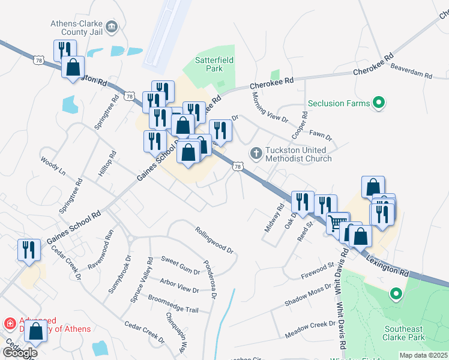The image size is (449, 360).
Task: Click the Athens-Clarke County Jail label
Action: click(76, 28)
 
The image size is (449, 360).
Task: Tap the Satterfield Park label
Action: click(214, 64)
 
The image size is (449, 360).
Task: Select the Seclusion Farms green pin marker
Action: click(379, 103)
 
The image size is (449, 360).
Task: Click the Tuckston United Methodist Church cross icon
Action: click(256, 154)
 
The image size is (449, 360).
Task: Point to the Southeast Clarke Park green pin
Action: click(395, 295)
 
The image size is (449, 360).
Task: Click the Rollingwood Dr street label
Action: click(213, 238)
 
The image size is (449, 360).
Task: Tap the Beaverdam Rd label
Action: click(411, 71)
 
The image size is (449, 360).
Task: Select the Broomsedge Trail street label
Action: click(173, 304)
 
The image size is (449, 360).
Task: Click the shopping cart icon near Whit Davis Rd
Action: click(338, 223)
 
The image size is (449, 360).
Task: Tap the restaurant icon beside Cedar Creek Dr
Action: click(29, 250)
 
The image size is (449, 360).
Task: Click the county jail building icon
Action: click(112, 27)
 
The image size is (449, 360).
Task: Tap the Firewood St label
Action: click(317, 269)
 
